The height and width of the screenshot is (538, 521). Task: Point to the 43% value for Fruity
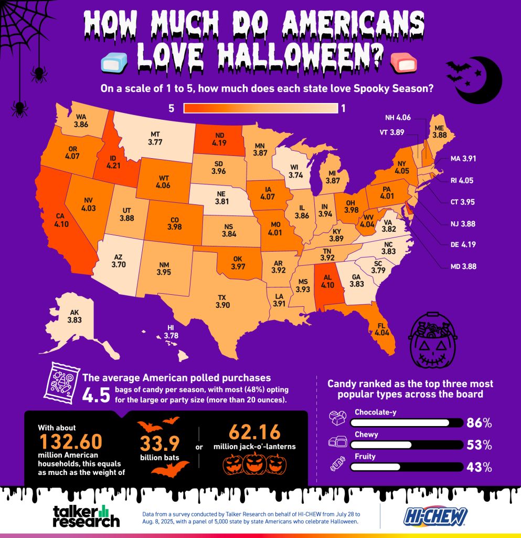click(x=479, y=467)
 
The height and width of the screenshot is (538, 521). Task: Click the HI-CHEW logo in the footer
click(x=435, y=516)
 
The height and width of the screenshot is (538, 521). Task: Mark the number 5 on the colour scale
click(x=171, y=108)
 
